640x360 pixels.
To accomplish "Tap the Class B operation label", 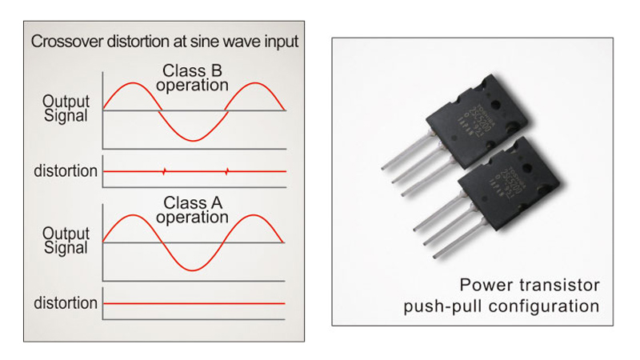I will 193,77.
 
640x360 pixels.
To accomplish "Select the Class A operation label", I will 193,210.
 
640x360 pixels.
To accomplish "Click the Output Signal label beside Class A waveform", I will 66,240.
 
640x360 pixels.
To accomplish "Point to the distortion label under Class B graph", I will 66,171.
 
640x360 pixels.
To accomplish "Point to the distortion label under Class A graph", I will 66,303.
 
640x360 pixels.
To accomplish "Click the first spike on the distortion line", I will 164,171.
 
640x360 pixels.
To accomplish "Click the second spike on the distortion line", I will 227,171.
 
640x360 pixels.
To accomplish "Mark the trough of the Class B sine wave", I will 195,141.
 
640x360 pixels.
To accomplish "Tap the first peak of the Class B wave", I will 133,82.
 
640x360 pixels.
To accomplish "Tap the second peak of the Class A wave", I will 254,215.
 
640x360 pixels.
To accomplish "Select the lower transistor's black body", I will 512,189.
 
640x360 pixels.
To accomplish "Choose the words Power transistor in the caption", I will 530,285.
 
